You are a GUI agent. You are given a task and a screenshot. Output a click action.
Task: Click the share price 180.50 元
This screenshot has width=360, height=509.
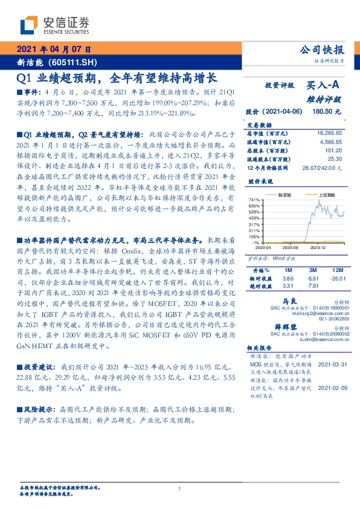click(326, 112)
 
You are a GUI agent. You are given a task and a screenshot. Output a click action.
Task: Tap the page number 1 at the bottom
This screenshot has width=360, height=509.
click(180, 488)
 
